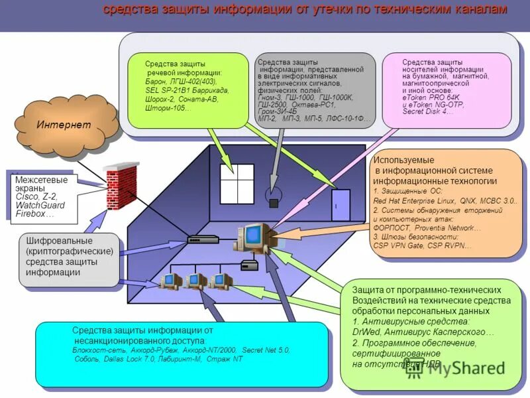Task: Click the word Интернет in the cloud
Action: [64, 125]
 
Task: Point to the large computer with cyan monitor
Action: [252, 237]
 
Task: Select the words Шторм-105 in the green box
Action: [164, 108]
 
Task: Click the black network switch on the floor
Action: [200, 239]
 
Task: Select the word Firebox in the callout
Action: [30, 214]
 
